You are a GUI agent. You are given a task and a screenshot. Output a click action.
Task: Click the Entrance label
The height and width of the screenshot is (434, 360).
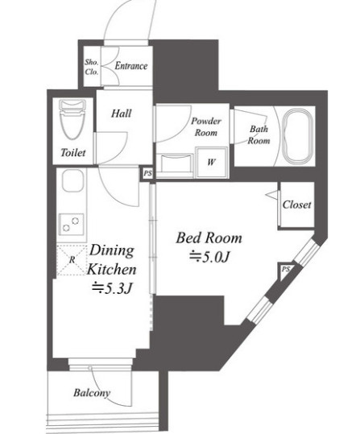point(131,66)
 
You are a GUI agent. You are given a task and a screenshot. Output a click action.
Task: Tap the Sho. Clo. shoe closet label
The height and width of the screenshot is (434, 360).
point(92,67)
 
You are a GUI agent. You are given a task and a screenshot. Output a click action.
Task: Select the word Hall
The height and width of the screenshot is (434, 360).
point(122,114)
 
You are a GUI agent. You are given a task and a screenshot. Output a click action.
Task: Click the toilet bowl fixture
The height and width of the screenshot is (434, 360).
point(72,119)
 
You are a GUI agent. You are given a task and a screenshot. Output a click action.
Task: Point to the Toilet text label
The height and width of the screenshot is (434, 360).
point(73,152)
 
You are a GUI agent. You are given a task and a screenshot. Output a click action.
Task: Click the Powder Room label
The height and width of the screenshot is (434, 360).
point(206,126)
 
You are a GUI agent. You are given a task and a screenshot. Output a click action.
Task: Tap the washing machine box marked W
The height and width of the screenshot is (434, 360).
point(211,162)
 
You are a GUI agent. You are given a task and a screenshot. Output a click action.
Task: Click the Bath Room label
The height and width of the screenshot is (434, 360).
point(259,134)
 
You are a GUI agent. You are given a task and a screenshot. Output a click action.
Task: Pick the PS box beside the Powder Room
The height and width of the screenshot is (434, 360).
point(147,174)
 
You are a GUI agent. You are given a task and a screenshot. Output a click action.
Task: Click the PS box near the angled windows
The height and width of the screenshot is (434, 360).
point(285,269)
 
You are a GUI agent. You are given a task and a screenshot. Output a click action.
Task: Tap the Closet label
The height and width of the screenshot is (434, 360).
point(296,205)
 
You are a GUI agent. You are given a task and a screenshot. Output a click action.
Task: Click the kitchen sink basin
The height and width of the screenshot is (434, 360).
point(72,180)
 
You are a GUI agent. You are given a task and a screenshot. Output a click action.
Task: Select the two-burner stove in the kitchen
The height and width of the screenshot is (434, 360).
point(71,224)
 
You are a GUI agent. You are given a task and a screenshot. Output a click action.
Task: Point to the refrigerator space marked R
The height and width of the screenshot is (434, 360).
point(72,260)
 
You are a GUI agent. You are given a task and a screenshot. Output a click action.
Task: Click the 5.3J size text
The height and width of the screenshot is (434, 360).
point(113,288)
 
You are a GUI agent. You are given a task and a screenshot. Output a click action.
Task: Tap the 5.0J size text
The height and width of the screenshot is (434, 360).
point(209,258)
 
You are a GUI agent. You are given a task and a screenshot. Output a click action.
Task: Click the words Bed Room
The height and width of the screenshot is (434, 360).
point(209,238)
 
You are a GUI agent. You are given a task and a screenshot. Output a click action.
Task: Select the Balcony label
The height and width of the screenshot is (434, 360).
point(92,393)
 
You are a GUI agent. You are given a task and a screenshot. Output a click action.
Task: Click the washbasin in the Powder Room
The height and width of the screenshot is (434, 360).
point(175,163)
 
